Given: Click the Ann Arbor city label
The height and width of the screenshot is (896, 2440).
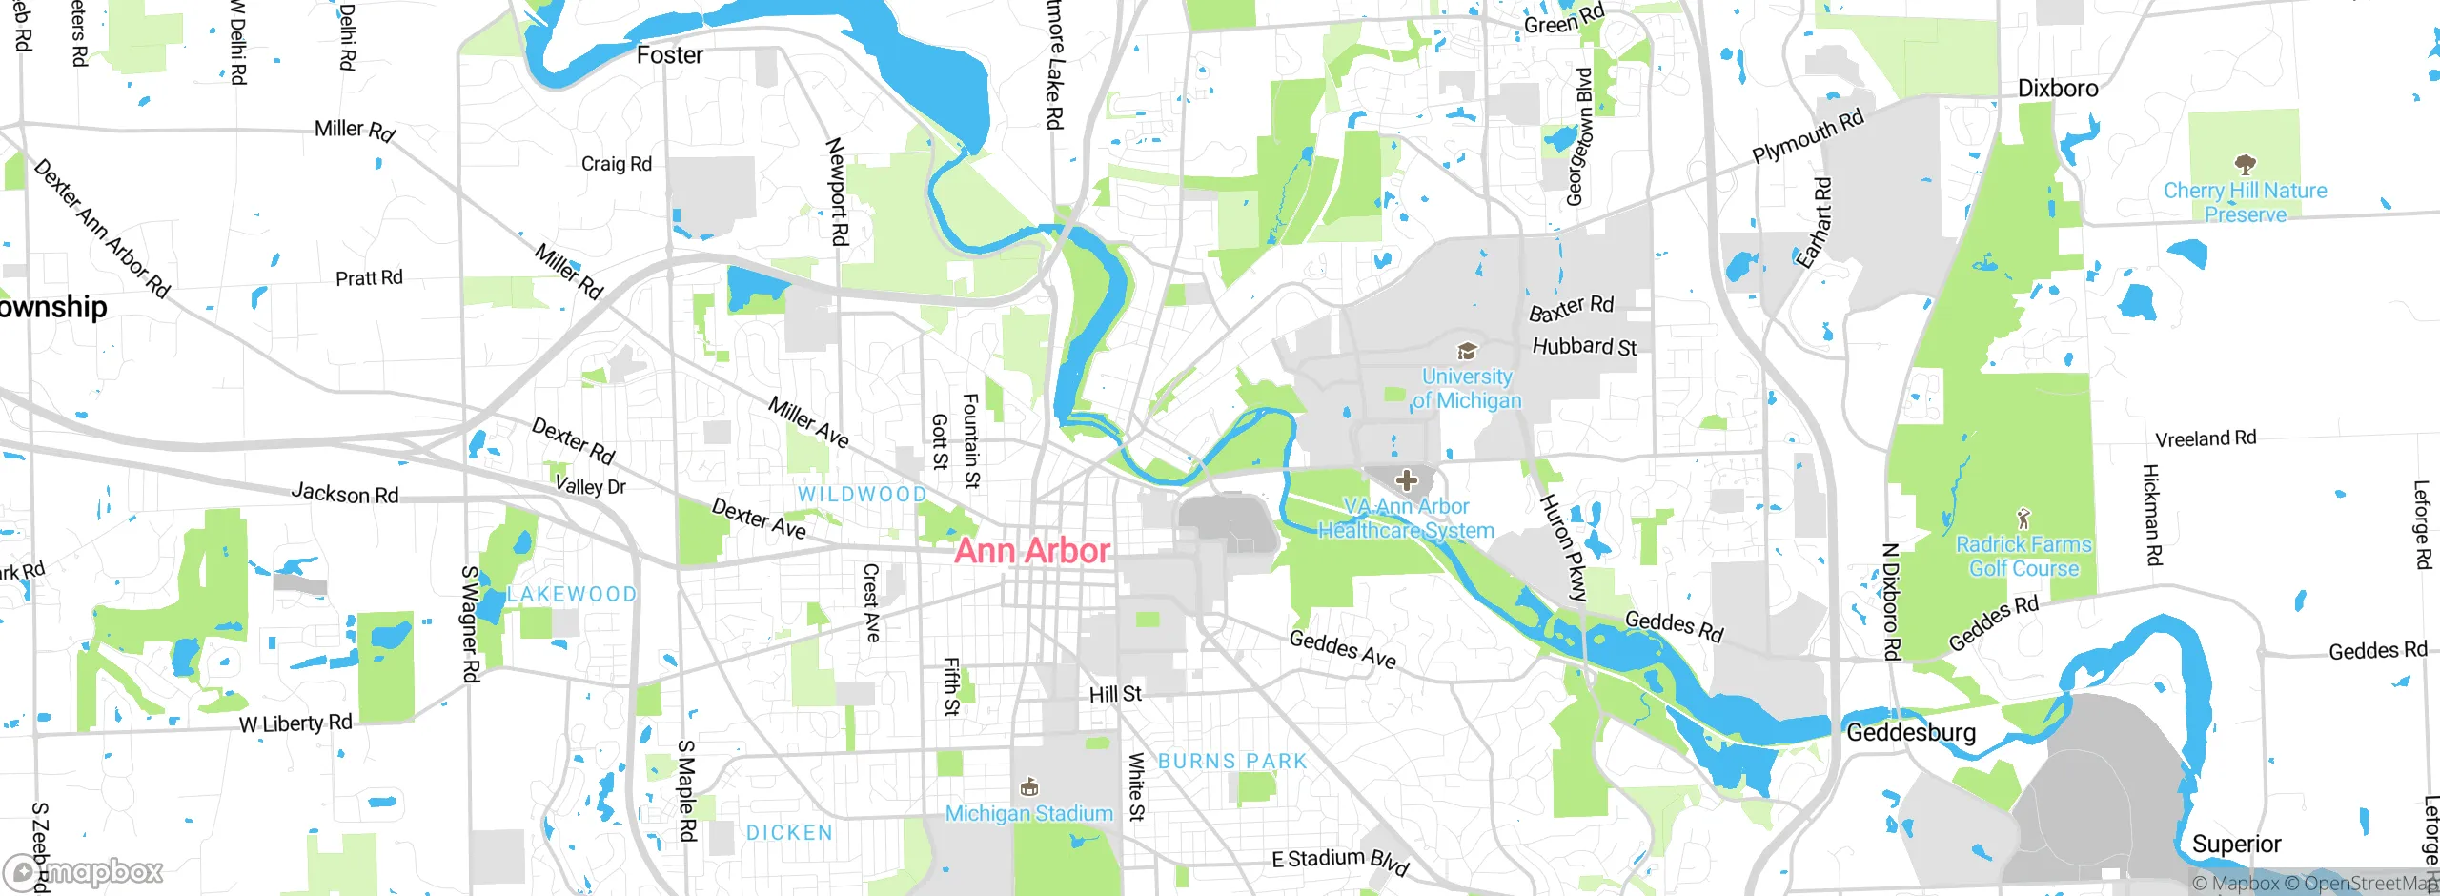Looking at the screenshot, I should (1032, 551).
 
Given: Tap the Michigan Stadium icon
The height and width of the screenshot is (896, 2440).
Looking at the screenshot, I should (1028, 787).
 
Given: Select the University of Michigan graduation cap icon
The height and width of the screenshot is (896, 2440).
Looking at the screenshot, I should (1467, 352).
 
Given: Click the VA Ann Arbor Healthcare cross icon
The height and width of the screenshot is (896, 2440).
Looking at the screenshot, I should (1406, 480).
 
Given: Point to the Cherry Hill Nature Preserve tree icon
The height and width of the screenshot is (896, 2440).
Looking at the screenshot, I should (2245, 164).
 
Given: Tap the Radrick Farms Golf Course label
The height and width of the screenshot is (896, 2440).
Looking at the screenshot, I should (2023, 557).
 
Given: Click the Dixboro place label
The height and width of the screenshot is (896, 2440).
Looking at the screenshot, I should (2058, 89).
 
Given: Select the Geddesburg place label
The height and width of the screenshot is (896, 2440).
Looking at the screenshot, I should (1911, 733).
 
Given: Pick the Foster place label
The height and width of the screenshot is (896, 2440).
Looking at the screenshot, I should (669, 55).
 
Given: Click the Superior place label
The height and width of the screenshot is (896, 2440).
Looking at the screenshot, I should (2236, 845).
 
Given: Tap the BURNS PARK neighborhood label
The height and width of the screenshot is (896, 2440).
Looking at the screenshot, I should (1232, 762).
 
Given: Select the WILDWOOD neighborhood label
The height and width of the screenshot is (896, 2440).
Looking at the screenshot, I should (862, 495).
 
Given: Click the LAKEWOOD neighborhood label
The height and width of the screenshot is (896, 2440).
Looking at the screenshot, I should (571, 595).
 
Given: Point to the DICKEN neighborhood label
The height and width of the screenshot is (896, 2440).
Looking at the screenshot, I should (789, 833).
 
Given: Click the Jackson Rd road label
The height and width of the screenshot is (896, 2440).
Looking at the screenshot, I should (344, 494).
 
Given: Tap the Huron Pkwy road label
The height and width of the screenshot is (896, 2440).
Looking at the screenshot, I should (1563, 548).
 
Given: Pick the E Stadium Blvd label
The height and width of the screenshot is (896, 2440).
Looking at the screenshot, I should (1340, 861).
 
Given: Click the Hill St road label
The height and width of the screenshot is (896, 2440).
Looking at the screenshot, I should (1115, 694).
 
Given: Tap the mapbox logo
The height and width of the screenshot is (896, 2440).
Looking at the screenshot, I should (84, 871).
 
